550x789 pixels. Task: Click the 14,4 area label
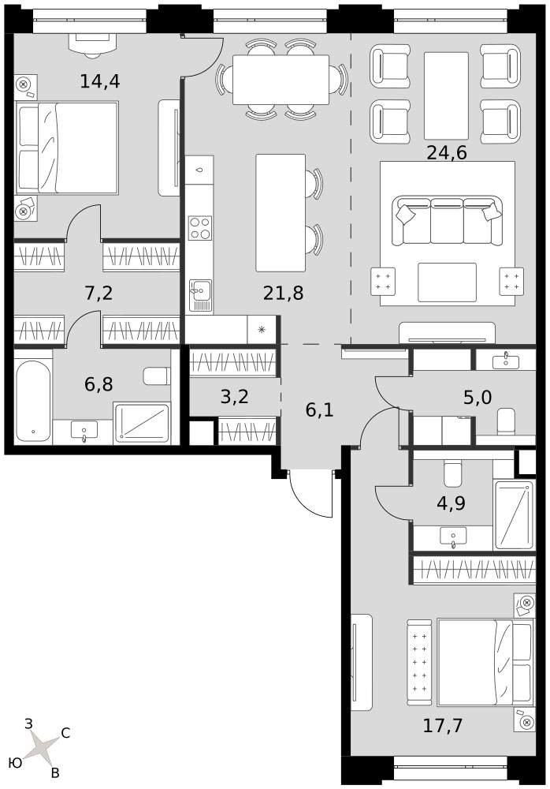point(100,80)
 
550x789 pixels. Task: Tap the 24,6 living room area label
point(447,152)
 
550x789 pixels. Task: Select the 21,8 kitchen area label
point(283,292)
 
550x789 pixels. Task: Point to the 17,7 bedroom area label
point(442,726)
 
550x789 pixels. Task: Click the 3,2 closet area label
point(235,397)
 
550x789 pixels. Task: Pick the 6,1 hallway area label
point(319,410)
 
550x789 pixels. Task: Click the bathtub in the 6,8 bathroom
point(32,401)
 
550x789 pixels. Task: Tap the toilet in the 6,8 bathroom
point(157,376)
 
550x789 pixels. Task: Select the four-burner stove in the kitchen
point(199,228)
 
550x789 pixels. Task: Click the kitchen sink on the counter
point(200,297)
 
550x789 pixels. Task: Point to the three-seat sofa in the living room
point(447,221)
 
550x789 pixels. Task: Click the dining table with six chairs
point(281,79)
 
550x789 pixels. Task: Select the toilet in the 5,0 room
point(505,421)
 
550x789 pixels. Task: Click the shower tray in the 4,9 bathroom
point(513,514)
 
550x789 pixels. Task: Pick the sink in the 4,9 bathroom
point(453,537)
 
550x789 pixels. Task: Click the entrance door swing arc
point(303,501)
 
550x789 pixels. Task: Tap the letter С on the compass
point(65,733)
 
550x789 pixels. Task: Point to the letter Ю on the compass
point(15,763)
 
